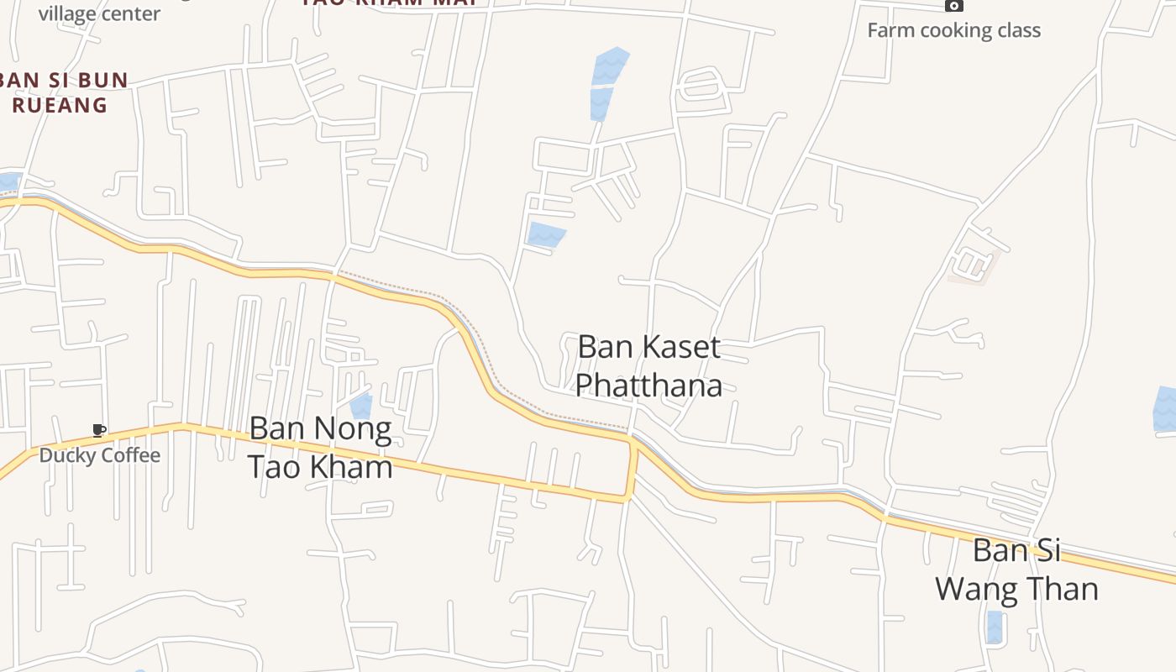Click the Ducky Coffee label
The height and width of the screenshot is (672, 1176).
point(100,455)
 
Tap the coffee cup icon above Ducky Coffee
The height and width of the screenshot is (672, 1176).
point(98,431)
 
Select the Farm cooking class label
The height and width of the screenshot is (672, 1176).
point(953,30)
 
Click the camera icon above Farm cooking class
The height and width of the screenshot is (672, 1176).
point(953,5)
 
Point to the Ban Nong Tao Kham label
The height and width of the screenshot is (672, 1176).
point(320,448)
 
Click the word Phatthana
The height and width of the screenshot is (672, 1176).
point(648,385)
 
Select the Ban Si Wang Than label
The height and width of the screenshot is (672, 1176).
point(1016,570)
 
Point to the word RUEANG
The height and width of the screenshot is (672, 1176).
point(60,105)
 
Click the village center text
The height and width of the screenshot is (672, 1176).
point(99,13)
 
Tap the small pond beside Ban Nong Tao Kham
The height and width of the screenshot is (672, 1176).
point(361,407)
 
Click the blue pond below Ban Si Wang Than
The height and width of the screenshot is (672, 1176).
point(995,627)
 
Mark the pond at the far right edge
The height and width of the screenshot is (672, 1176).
point(1165,409)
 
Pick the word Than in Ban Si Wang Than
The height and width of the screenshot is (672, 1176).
point(1060,589)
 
